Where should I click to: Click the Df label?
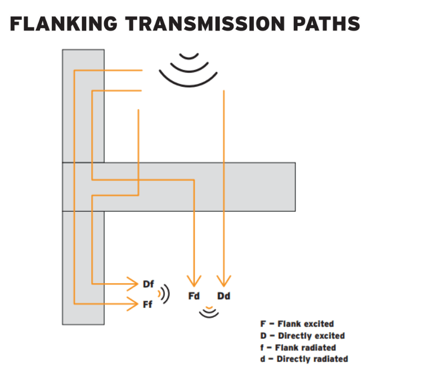(148, 284)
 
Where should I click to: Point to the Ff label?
(147, 305)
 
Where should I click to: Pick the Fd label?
(194, 296)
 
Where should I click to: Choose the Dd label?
(223, 296)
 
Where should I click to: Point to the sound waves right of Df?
(163, 293)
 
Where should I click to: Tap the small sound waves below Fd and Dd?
(209, 311)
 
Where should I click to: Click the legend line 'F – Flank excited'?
(297, 324)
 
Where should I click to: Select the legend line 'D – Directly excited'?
(302, 336)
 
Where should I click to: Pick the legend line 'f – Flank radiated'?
(298, 347)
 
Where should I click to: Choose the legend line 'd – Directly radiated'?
(304, 359)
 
